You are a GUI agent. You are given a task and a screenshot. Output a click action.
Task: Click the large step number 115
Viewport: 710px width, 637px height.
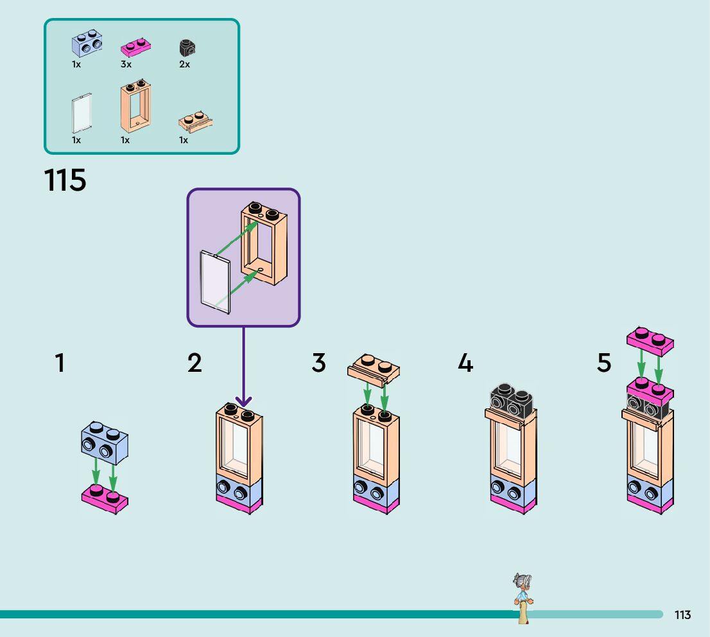click(65, 180)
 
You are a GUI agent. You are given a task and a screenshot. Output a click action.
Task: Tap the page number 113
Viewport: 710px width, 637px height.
click(682, 615)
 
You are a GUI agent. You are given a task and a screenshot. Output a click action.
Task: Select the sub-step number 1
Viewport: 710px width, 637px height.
click(60, 363)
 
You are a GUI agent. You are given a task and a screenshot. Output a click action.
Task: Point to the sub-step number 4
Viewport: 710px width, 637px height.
click(465, 363)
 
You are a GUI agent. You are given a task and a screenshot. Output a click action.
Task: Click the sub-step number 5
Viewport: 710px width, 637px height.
click(604, 363)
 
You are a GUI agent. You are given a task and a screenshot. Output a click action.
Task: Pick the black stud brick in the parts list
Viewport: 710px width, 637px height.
click(187, 47)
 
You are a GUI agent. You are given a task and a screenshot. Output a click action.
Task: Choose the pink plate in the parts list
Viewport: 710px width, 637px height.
click(136, 47)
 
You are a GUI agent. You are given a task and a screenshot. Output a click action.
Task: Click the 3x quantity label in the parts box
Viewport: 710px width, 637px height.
click(125, 65)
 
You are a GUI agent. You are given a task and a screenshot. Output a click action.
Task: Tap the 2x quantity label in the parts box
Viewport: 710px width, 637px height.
click(184, 65)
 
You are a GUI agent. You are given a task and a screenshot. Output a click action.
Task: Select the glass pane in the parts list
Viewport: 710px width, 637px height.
click(82, 113)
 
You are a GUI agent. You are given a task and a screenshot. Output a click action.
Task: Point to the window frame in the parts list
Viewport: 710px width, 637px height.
click(136, 107)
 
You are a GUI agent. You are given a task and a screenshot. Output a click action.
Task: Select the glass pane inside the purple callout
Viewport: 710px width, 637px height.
click(216, 283)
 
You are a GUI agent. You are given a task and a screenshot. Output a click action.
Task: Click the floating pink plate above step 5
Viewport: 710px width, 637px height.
click(650, 340)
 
